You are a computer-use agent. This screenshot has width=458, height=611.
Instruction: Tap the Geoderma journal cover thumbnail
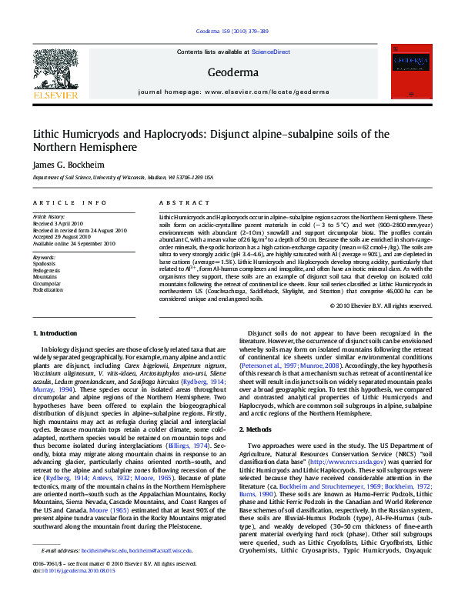pos(407,70)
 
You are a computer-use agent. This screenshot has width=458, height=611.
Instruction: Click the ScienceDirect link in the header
pos(271,52)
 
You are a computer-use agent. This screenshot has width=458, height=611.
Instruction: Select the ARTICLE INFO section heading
pos(69,202)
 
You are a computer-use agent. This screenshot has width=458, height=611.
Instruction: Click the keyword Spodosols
pos(45,263)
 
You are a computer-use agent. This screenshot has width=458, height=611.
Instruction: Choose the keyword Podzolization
pos(48,290)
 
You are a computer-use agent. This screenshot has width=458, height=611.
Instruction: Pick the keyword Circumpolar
pos(46,283)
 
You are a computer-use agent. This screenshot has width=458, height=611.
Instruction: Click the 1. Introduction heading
pos(55,332)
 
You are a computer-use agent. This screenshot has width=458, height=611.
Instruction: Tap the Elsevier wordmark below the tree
pos(55,95)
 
